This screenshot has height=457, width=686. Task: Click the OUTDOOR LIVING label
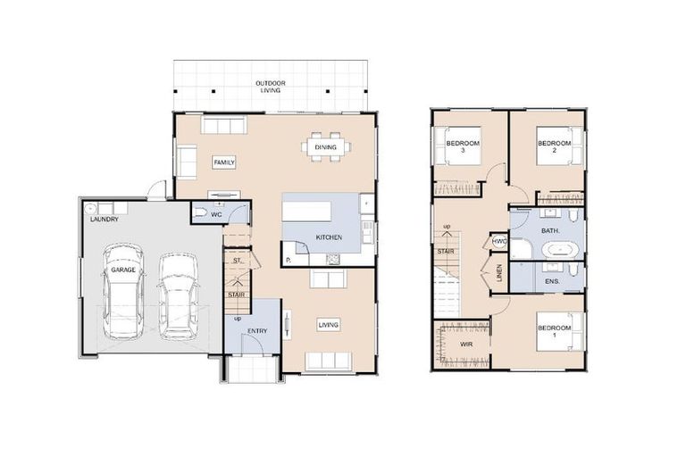(270, 86)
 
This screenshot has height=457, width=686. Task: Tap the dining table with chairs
(326, 148)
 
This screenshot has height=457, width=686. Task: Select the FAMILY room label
(223, 162)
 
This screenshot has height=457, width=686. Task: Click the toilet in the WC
(202, 214)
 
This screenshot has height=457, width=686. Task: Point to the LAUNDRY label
(104, 218)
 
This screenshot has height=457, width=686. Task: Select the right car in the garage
(178, 295)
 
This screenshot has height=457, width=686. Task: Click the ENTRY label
(257, 331)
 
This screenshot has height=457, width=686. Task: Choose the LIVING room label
(328, 325)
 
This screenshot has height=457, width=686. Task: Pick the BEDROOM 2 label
(553, 145)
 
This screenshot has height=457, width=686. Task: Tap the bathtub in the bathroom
(561, 247)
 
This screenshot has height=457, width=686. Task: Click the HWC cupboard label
(500, 241)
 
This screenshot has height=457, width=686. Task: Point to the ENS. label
(551, 282)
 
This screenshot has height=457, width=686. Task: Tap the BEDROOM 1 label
(553, 331)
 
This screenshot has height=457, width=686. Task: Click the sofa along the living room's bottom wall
(328, 361)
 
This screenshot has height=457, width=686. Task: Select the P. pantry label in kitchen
(289, 260)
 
